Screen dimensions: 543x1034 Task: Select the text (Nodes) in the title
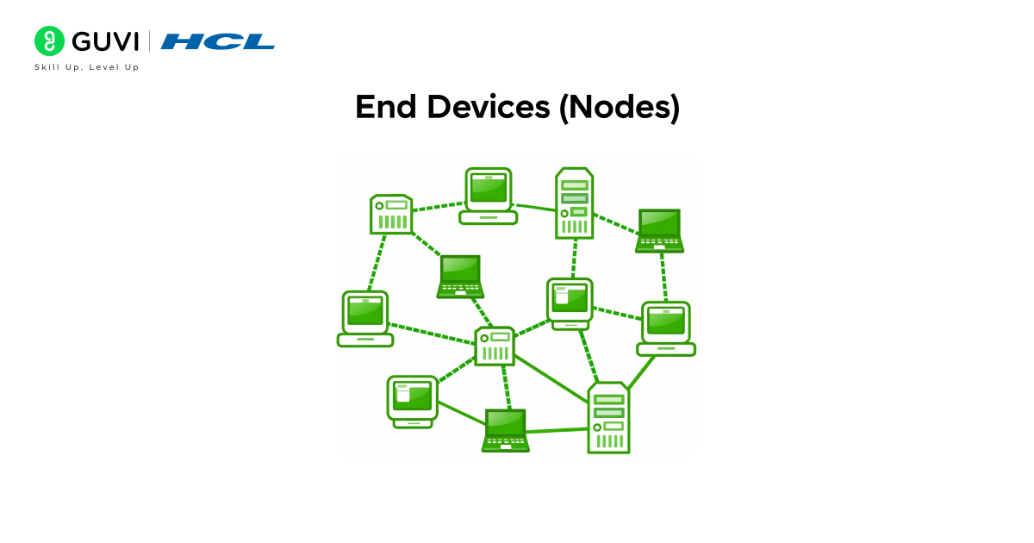tap(620, 108)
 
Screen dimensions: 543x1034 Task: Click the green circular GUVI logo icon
tap(50, 41)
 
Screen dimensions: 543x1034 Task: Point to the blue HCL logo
tap(218, 41)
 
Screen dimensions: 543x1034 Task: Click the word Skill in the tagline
tap(47, 67)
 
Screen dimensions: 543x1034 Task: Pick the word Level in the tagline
tap(102, 67)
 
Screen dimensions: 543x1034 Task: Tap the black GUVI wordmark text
tap(105, 41)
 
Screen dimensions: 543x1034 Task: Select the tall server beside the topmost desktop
tap(573, 203)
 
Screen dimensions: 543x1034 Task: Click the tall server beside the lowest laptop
tap(608, 418)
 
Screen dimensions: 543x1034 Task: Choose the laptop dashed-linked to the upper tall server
tap(659, 230)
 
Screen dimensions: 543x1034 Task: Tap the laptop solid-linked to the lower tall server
tap(505, 429)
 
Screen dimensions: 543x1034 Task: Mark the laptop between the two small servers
tap(460, 276)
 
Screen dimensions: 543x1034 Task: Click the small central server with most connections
tap(495, 346)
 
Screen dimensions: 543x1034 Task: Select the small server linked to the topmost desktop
tap(391, 214)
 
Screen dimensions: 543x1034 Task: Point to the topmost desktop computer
tap(489, 196)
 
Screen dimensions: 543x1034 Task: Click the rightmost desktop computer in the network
tap(666, 328)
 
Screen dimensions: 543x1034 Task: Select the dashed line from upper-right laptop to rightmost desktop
tap(663, 277)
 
